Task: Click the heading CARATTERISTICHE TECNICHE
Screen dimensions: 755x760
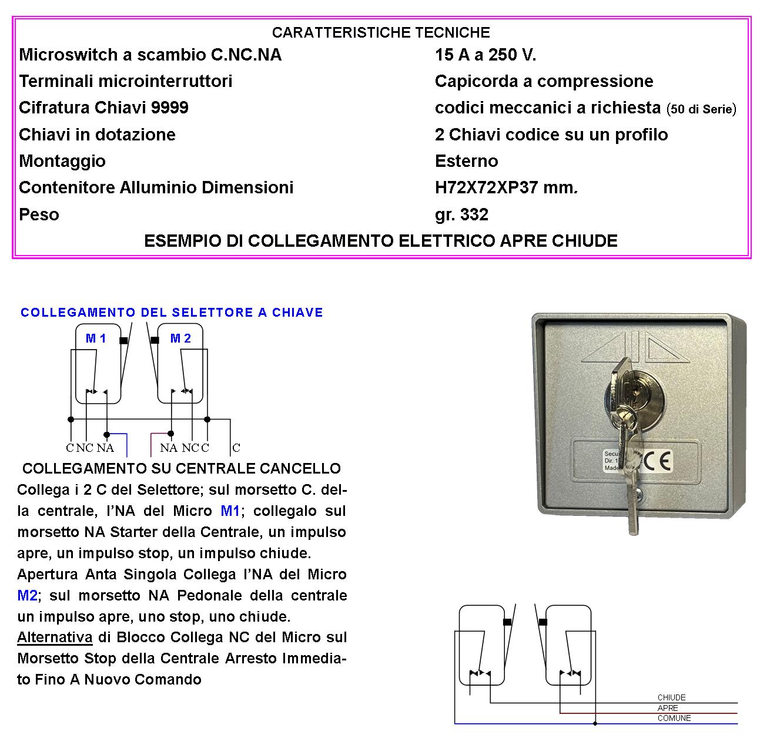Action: (381, 32)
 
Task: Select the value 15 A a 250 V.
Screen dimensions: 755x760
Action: (485, 55)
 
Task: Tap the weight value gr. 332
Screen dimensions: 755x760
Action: (461, 214)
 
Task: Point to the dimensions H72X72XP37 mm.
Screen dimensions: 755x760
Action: (506, 187)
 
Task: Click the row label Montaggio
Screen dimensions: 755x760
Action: (62, 161)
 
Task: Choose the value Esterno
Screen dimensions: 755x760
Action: (466, 161)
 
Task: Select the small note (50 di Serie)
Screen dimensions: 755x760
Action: (701, 109)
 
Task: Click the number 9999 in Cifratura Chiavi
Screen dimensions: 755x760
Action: (169, 108)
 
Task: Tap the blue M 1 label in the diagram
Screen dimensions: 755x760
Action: (96, 338)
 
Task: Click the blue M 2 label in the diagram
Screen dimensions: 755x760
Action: (180, 338)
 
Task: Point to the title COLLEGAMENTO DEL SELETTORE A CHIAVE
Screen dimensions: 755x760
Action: (172, 313)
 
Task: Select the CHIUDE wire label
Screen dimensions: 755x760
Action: (671, 697)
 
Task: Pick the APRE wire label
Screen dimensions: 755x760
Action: (668, 708)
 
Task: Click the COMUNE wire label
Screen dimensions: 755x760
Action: (674, 718)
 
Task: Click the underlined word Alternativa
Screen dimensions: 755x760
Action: (55, 637)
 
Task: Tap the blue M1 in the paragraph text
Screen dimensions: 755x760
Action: (230, 511)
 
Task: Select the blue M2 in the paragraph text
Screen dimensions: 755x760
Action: (28, 595)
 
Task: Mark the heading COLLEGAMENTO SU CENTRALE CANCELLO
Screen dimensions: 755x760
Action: (181, 468)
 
